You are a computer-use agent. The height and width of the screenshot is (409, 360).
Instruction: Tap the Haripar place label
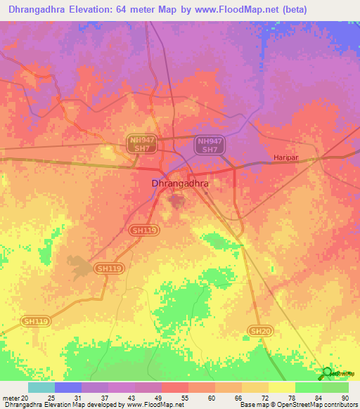[x=287, y=159]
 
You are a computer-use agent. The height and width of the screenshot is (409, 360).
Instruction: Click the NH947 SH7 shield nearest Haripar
[x=209, y=145]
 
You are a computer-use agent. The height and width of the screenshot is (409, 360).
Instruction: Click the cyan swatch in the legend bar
[x=41, y=387]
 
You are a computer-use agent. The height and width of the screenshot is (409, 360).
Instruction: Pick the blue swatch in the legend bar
[x=68, y=387]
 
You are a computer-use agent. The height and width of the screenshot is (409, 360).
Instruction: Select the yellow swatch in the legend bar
[x=281, y=387]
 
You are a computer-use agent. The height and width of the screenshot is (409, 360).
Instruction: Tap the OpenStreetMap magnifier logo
[x=327, y=373]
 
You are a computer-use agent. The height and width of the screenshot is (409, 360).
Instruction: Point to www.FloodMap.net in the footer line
[x=153, y=405]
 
